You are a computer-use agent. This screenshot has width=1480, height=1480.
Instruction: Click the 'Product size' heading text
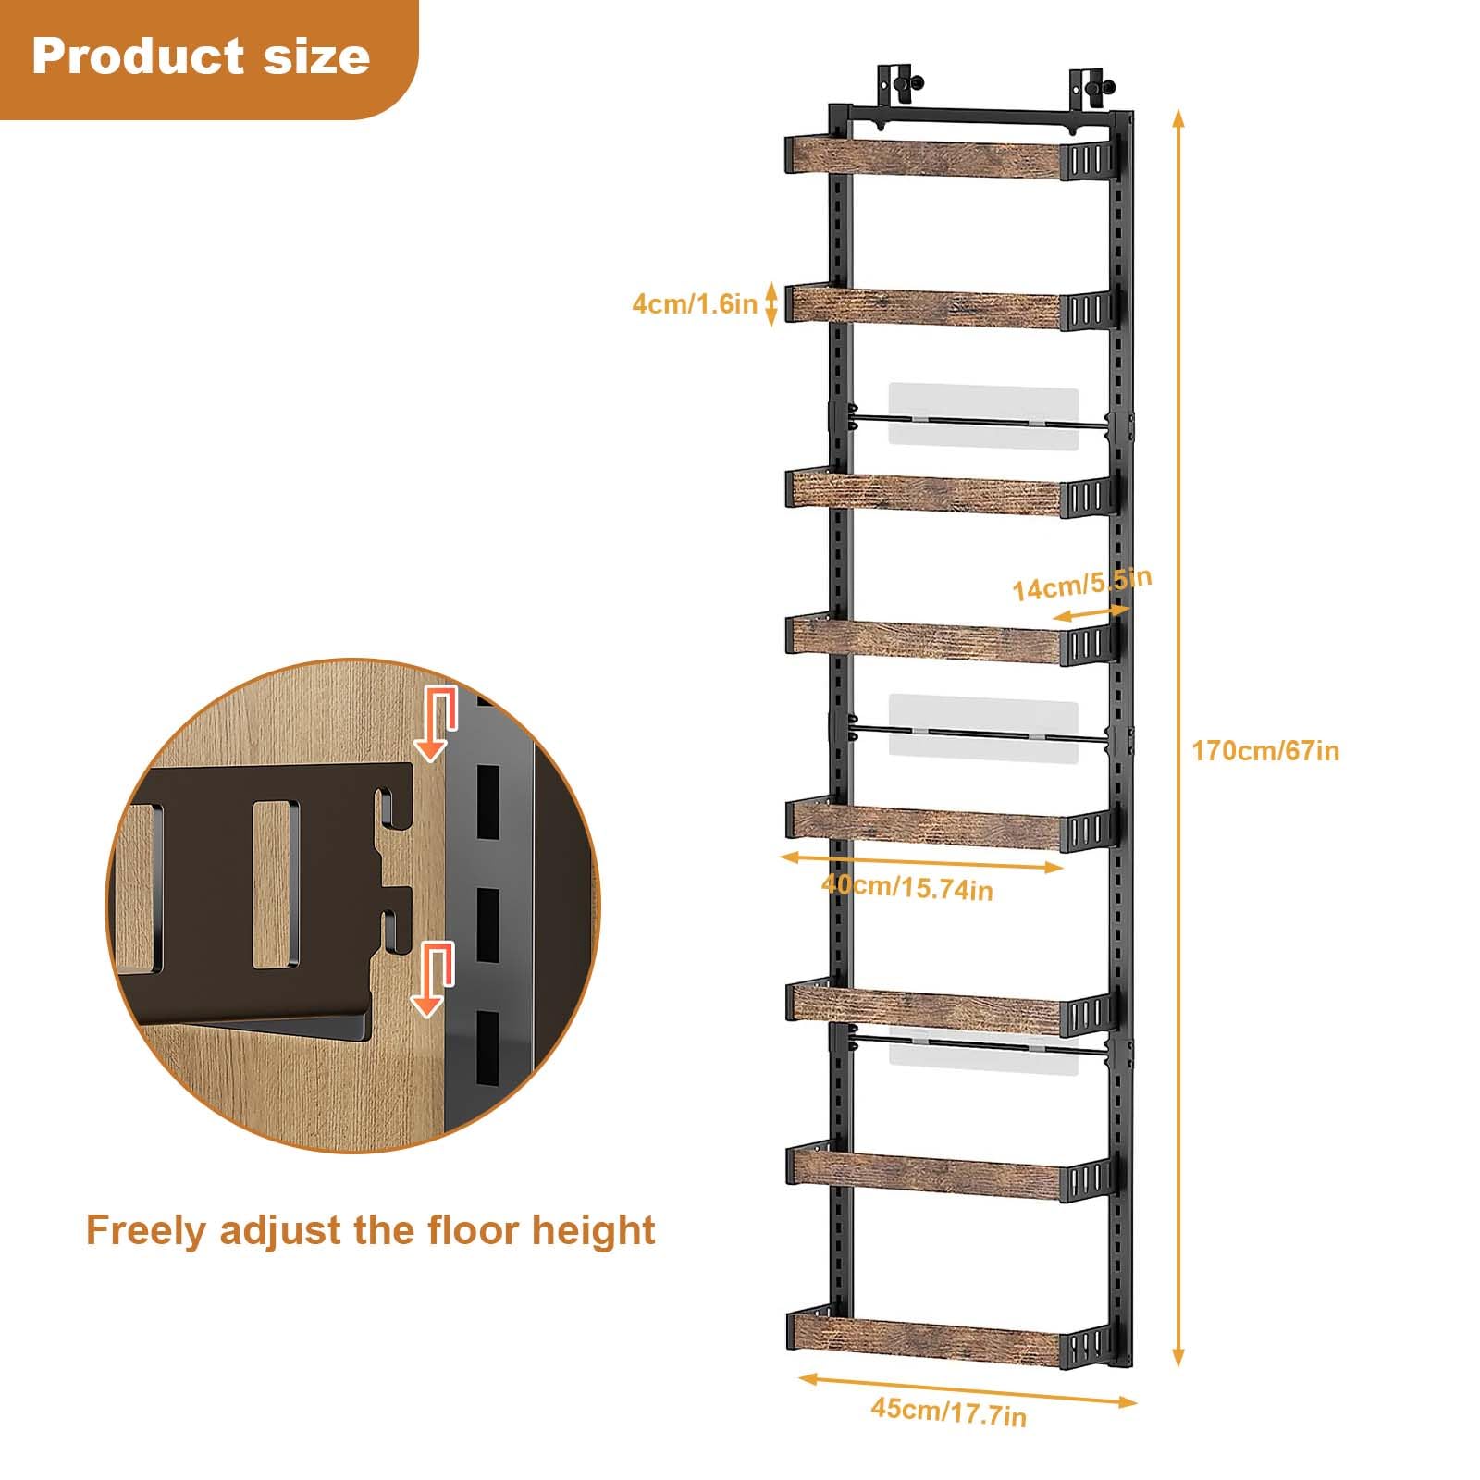click(x=201, y=56)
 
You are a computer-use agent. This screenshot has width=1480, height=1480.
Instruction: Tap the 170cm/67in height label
click(x=1264, y=750)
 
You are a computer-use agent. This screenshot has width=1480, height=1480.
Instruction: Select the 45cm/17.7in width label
click(x=948, y=1412)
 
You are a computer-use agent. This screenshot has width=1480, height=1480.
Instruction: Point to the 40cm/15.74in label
click(x=907, y=887)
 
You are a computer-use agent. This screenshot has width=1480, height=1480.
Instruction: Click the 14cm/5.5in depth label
click(x=1081, y=585)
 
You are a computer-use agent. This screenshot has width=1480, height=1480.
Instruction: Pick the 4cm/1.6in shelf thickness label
click(x=695, y=303)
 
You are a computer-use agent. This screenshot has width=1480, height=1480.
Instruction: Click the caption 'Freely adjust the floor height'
click(x=371, y=1230)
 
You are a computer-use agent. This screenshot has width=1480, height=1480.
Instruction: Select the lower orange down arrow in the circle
click(x=432, y=979)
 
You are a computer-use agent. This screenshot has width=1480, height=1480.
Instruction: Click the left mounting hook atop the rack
click(x=894, y=85)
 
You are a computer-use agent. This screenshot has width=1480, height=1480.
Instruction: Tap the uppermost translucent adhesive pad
click(x=983, y=416)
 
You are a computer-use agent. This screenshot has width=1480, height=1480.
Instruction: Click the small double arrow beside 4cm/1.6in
click(x=771, y=303)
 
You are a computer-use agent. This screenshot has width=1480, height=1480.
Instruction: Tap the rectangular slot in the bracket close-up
click(x=276, y=883)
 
